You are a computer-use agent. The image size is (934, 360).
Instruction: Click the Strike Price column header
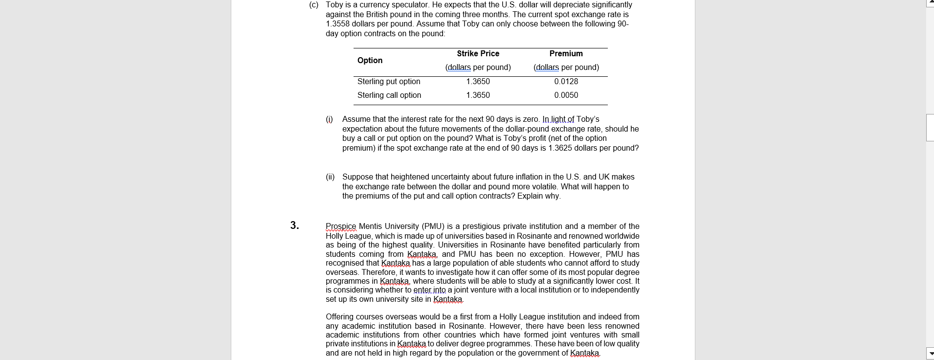click(478, 54)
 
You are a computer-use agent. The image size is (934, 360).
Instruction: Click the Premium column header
click(566, 54)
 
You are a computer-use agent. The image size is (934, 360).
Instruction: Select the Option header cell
click(370, 61)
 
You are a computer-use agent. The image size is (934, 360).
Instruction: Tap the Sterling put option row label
click(388, 82)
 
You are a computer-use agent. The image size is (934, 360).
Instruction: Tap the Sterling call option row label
click(389, 95)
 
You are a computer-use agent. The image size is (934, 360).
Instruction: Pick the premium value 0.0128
click(566, 82)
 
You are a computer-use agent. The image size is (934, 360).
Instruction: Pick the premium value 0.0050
click(566, 95)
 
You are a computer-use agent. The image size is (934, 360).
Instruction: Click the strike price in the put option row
click(478, 82)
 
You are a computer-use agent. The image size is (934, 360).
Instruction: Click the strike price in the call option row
click(478, 95)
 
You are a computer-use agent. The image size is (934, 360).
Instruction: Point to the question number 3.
click(294, 225)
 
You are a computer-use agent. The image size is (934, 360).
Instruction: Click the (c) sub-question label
click(313, 5)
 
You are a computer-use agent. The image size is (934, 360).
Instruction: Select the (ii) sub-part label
click(330, 177)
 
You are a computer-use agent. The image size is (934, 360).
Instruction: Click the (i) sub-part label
click(329, 119)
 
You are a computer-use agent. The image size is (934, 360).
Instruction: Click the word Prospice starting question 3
click(341, 226)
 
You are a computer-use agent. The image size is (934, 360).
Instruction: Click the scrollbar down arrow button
click(930, 353)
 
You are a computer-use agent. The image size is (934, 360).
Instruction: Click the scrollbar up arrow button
click(930, 4)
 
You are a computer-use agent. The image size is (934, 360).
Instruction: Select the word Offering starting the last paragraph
click(341, 317)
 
